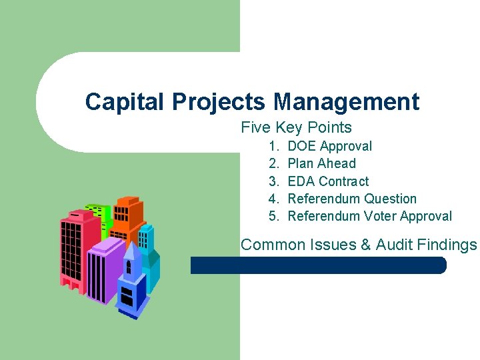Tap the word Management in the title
point(346,102)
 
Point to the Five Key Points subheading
point(296,127)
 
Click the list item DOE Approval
point(329,146)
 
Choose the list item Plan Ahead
point(321,163)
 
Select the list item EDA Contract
point(327,181)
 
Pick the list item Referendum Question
point(351,199)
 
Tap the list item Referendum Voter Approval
point(369,216)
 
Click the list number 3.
point(273,181)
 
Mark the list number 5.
point(273,216)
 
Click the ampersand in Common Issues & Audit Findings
point(365,245)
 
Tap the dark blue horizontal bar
point(318,265)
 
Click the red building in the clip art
point(73,247)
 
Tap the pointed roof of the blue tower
point(130,252)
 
